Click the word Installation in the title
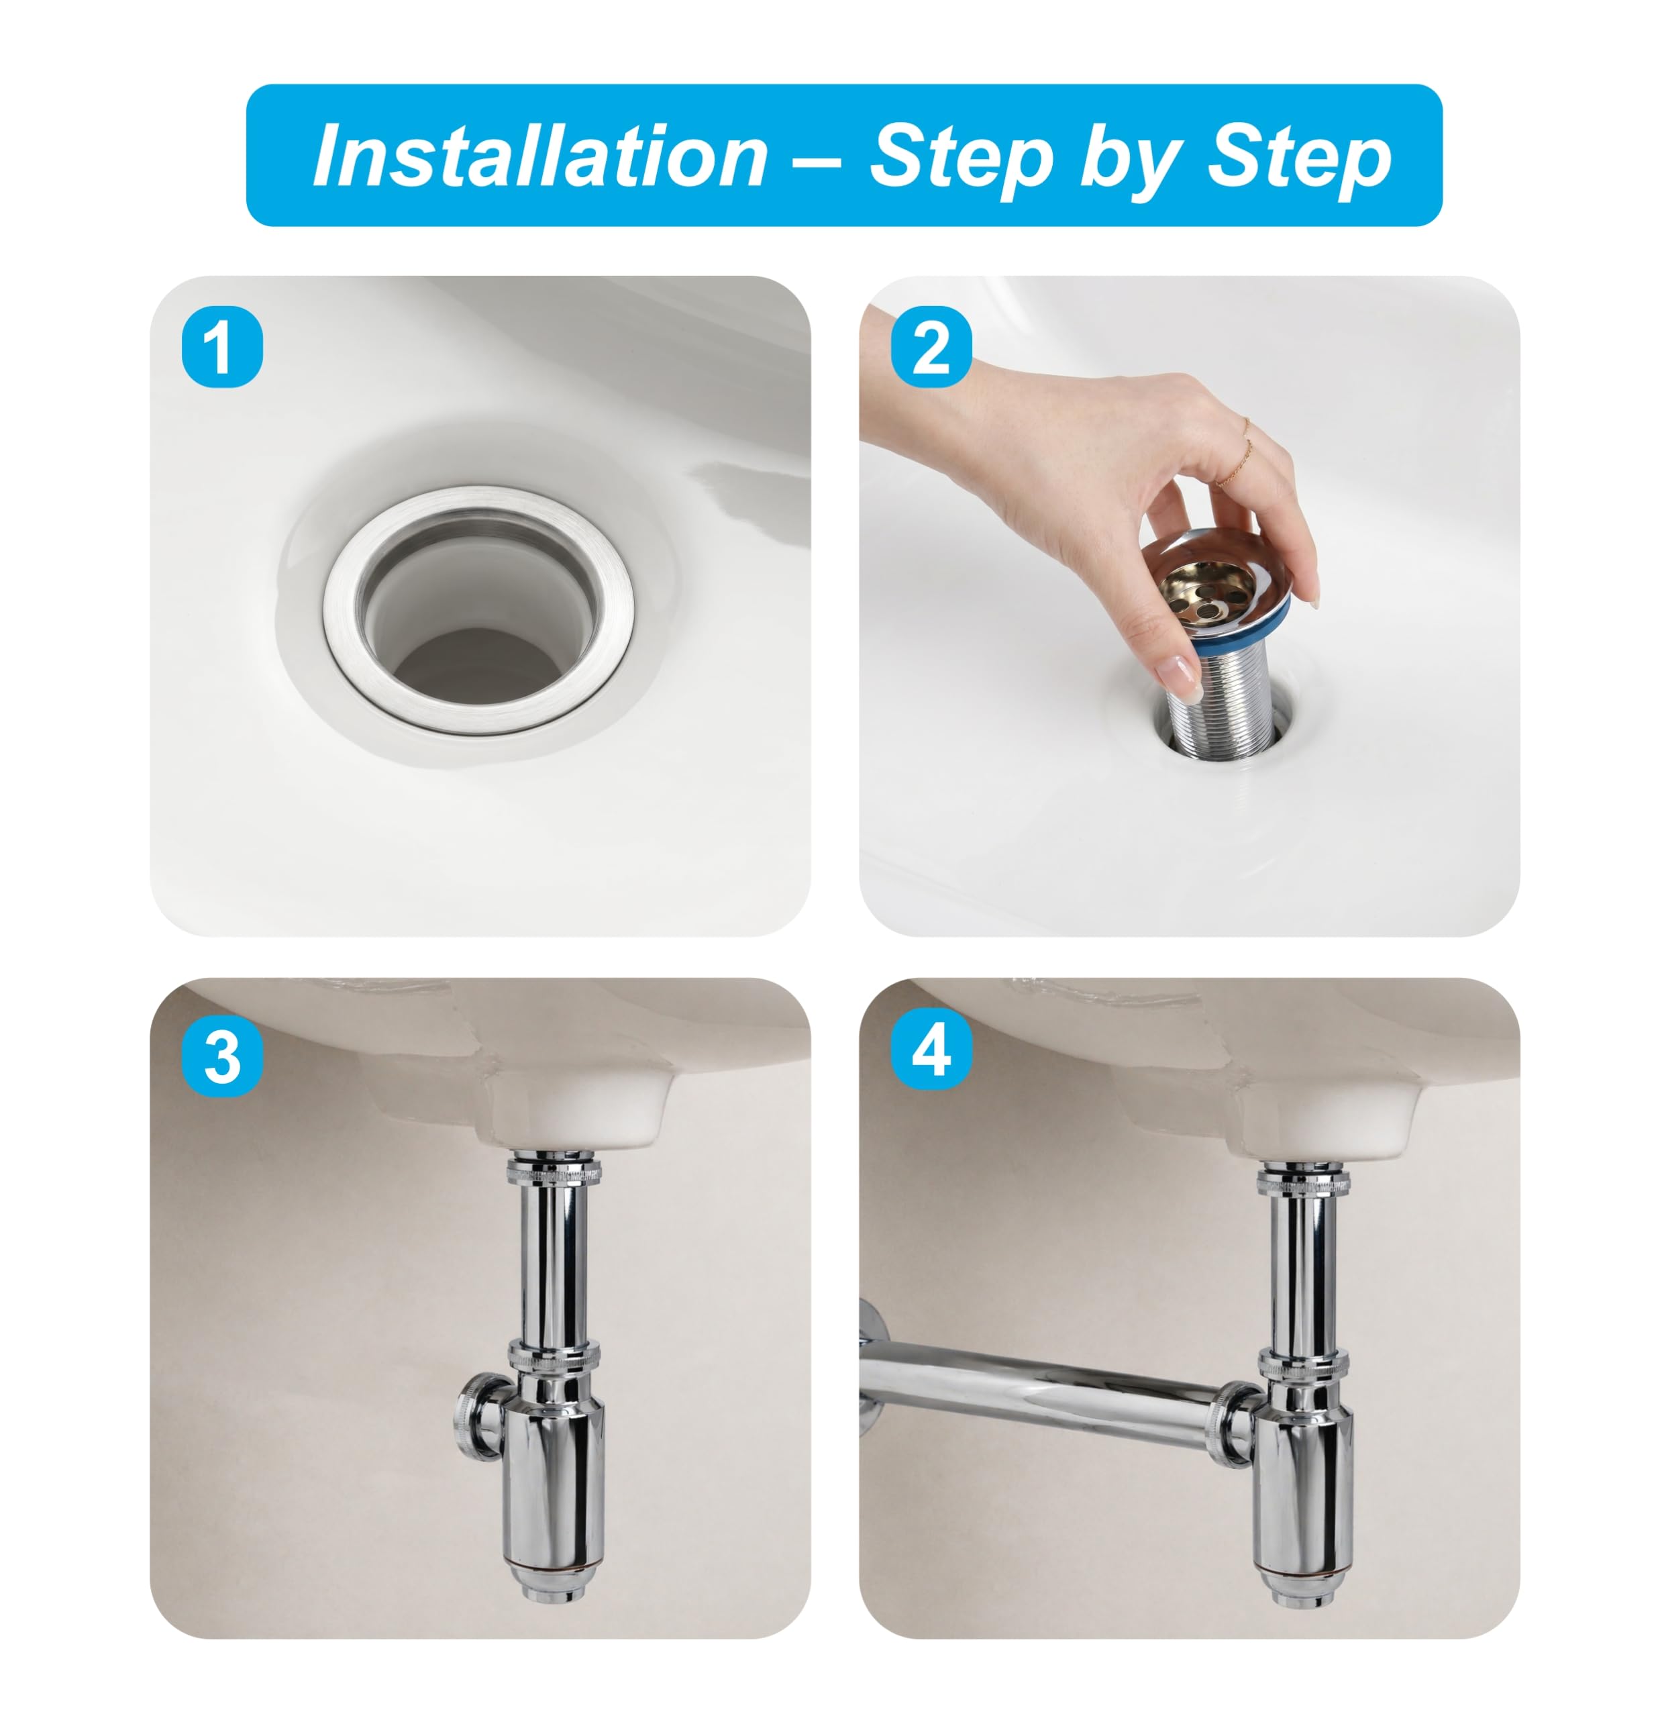coord(541,156)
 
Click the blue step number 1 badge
coord(221,347)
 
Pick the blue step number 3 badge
coord(221,1056)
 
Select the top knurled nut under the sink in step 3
coord(553,1171)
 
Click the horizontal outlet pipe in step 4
coord(1047,1382)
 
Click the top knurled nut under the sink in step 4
coord(1303,1180)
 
